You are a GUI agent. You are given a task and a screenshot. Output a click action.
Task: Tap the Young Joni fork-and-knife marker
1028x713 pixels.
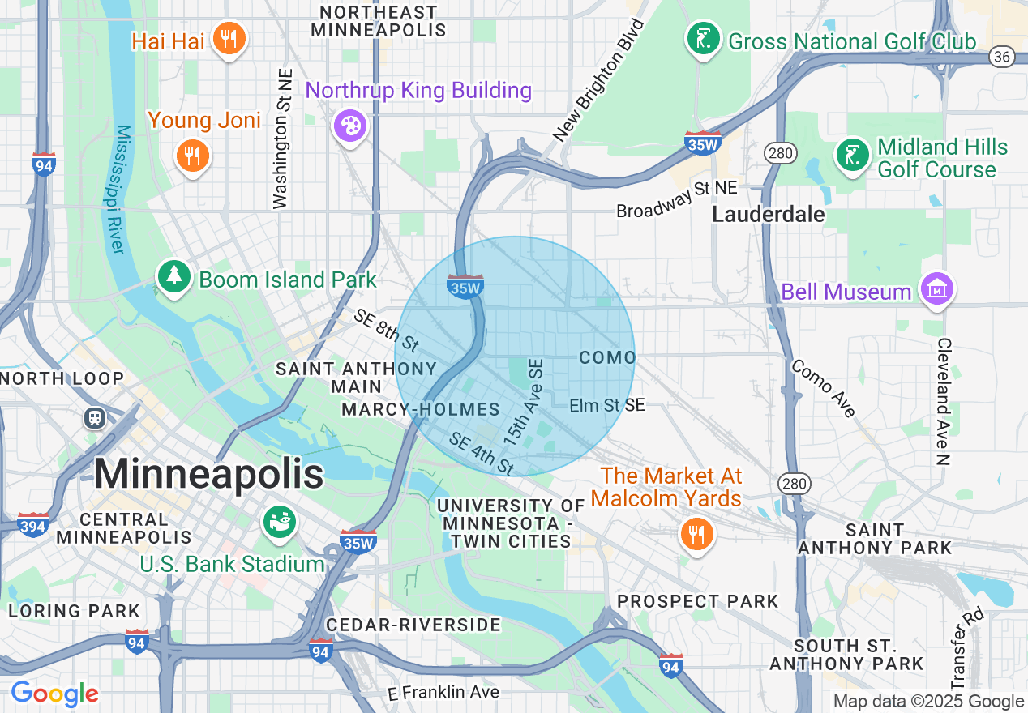[192, 156]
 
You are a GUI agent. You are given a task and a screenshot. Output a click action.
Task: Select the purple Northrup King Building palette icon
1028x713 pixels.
[351, 126]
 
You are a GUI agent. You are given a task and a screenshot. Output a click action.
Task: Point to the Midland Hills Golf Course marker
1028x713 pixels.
[853, 157]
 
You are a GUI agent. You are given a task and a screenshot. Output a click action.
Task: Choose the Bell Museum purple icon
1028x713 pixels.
[936, 289]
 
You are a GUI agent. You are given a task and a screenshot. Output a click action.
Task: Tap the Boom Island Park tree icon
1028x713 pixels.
[173, 278]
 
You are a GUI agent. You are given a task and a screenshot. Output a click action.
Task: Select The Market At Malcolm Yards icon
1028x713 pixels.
[696, 534]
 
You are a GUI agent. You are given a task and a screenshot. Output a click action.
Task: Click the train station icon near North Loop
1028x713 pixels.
[95, 418]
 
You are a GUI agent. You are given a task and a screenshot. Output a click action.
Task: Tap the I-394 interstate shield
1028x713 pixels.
[32, 525]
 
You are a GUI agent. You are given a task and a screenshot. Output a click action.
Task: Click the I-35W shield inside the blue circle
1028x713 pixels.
[465, 286]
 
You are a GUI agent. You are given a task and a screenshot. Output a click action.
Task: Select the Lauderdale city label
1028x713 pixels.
[768, 214]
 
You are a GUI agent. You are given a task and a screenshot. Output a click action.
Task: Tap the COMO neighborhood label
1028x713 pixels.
[607, 357]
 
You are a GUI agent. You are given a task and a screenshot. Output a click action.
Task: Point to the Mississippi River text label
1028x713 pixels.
[116, 189]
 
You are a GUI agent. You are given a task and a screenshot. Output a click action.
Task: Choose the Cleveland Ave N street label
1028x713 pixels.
[943, 401]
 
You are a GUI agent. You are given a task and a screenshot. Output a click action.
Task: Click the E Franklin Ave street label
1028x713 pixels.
[443, 692]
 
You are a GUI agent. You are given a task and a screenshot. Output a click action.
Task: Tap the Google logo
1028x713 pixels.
[54, 694]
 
